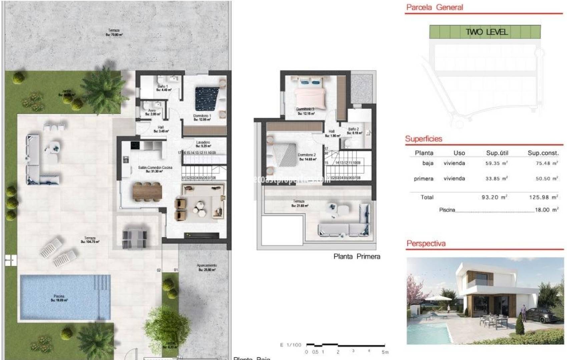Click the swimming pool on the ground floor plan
65,297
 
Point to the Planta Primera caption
357,256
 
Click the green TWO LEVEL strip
485,32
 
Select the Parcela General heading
435,7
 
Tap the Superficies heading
424,139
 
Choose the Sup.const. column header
543,153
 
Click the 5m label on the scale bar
385,352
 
